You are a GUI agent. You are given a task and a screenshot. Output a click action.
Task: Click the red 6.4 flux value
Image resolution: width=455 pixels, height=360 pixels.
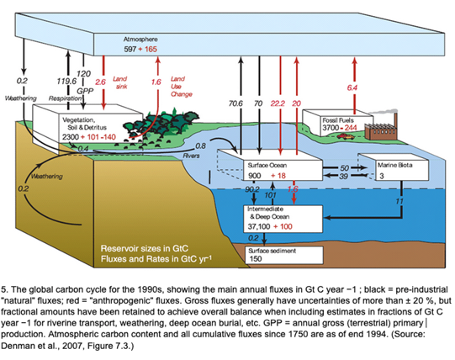click(x=352, y=87)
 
